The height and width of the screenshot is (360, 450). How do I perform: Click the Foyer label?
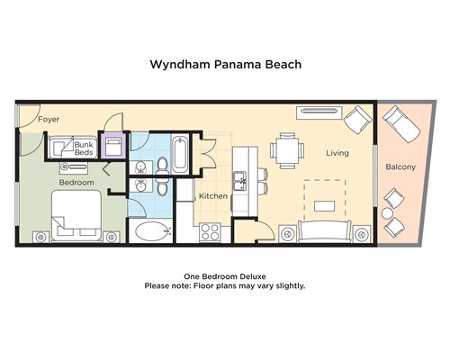(49, 120)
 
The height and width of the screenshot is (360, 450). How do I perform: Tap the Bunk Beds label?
(84, 148)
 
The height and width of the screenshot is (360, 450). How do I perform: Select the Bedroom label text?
(76, 183)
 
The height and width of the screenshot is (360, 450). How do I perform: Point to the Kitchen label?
(213, 196)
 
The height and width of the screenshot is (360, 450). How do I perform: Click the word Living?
(337, 153)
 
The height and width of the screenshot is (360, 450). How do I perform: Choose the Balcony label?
(400, 166)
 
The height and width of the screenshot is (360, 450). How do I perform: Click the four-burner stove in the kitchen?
(211, 232)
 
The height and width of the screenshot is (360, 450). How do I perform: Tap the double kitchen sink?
(240, 181)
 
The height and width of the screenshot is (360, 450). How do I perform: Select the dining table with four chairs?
(287, 150)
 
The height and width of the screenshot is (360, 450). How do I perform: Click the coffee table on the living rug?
(324, 206)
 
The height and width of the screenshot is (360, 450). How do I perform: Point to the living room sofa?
(325, 231)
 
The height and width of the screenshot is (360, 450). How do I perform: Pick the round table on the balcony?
(387, 213)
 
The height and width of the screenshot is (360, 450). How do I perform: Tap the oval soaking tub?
(153, 231)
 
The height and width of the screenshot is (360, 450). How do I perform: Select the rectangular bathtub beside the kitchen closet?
(181, 154)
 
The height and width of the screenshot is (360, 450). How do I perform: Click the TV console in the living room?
(319, 112)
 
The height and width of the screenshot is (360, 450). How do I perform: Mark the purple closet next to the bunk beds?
(112, 145)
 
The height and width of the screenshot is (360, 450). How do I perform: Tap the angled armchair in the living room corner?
(357, 120)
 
